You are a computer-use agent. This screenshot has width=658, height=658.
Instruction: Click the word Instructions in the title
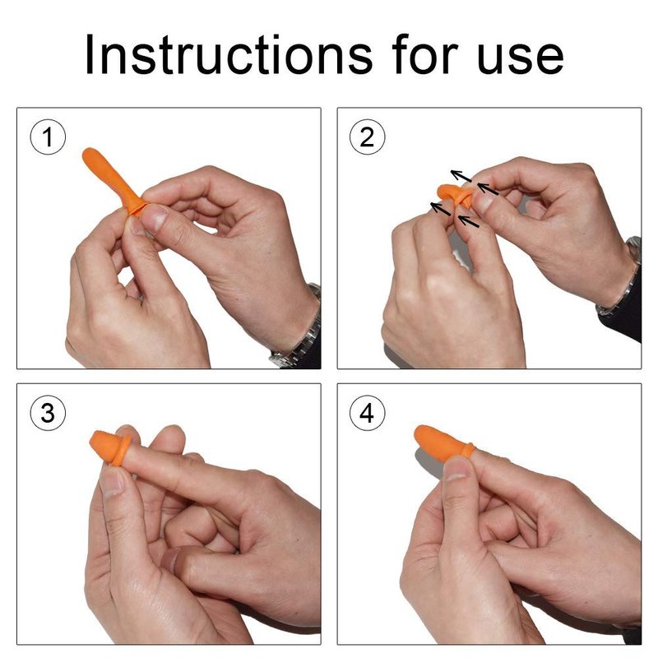click(229, 55)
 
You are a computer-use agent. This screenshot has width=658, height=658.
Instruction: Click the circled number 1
click(48, 137)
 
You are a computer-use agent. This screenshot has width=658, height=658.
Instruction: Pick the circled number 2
click(367, 137)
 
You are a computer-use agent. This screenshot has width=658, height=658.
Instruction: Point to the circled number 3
click(48, 413)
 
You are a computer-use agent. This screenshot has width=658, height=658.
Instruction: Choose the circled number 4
click(367, 413)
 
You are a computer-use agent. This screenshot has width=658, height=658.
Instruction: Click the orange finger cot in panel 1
click(113, 181)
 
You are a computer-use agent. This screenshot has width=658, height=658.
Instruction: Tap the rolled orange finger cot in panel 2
click(456, 194)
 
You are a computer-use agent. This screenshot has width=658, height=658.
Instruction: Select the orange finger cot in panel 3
click(110, 447)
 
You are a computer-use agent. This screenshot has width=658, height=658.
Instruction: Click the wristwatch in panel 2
click(622, 277)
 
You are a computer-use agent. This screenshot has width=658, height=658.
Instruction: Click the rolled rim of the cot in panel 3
click(123, 450)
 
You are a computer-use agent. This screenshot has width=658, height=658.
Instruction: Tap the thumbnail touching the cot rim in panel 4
click(456, 469)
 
